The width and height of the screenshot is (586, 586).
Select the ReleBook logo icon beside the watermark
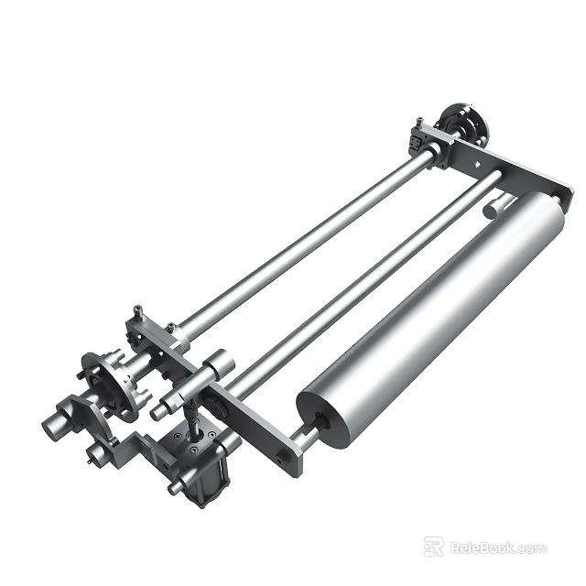point(435,548)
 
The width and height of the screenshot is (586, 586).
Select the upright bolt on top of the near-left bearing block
point(137,312)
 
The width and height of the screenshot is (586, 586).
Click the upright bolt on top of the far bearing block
point(417,122)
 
